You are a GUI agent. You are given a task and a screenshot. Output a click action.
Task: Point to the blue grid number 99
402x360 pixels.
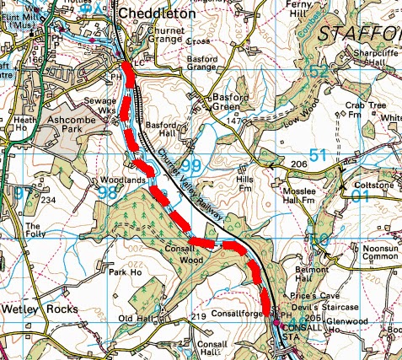click(190, 164)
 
